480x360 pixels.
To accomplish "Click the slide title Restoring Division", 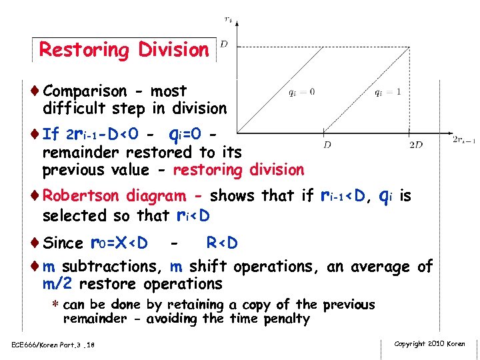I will pyautogui.click(x=124, y=50).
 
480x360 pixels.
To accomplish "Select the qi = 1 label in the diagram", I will pyautogui.click(x=387, y=92).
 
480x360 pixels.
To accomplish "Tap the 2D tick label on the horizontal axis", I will pyautogui.click(x=415, y=144).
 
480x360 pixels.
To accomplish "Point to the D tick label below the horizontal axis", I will pyautogui.click(x=327, y=144).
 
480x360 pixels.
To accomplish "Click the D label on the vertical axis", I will pyautogui.click(x=224, y=44).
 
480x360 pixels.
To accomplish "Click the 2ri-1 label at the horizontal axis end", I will pyautogui.click(x=464, y=139).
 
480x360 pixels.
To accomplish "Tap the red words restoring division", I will pyautogui.click(x=238, y=170).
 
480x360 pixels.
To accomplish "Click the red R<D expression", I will pyautogui.click(x=222, y=243).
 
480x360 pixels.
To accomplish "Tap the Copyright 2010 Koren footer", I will pyautogui.click(x=429, y=343).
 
